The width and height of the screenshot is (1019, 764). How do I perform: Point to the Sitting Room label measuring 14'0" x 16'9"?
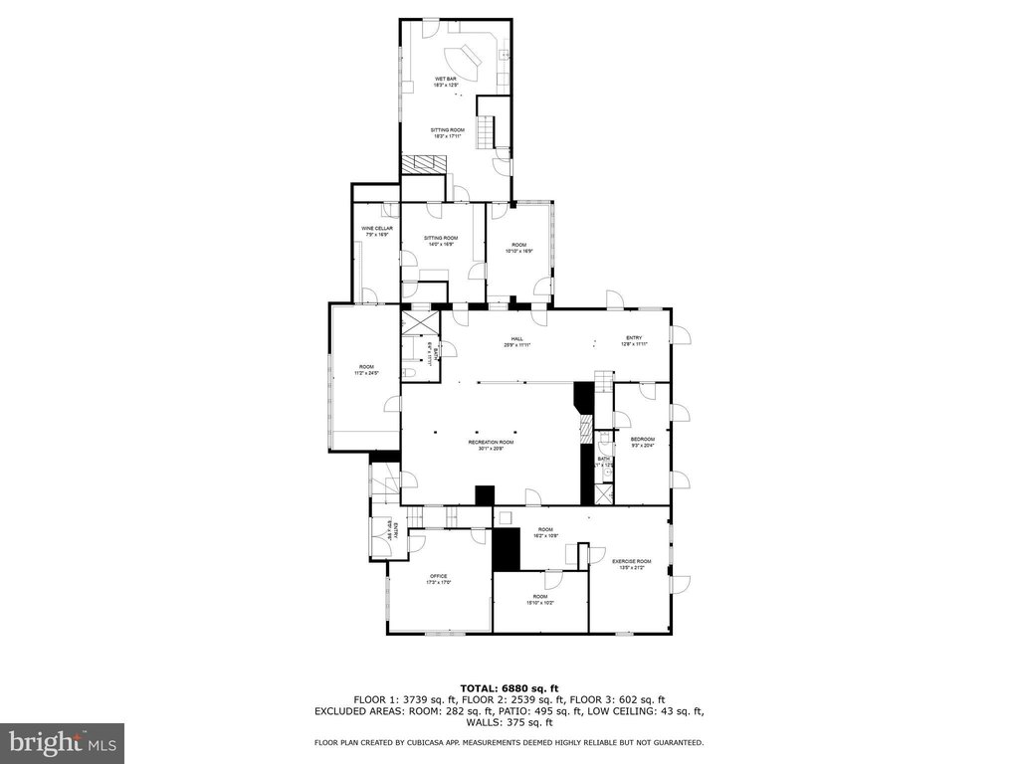pyautogui.click(x=441, y=241)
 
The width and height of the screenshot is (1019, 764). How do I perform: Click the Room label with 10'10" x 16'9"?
pyautogui.click(x=518, y=248)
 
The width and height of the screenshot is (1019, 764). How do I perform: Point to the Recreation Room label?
pyautogui.click(x=492, y=445)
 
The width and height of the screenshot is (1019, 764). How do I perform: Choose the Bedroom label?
pyautogui.click(x=643, y=442)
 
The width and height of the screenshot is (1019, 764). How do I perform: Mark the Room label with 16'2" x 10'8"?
pyautogui.click(x=545, y=532)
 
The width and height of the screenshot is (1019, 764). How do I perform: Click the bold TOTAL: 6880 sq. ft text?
pyautogui.click(x=509, y=688)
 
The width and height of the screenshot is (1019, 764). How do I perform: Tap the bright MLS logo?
pyautogui.click(x=62, y=742)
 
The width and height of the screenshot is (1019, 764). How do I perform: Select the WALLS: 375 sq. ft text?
pyautogui.click(x=509, y=722)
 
